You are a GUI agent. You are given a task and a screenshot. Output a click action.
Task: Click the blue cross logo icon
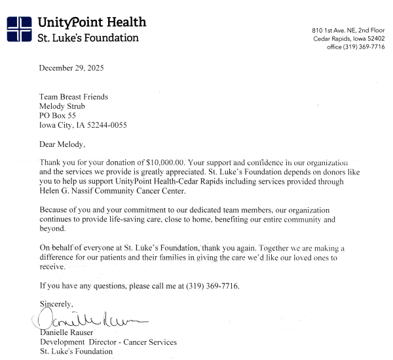[x=19, y=29]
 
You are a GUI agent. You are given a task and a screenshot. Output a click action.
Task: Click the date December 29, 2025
[x=71, y=68]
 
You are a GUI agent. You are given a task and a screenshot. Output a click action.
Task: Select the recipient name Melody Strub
[x=64, y=106]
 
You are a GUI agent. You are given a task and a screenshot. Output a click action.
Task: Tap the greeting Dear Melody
[x=62, y=144]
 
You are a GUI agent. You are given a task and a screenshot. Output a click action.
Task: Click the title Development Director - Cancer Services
[x=108, y=342]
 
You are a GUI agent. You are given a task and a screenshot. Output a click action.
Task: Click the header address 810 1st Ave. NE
[x=348, y=30]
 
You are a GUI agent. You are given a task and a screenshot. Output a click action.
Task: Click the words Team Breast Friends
[x=74, y=97]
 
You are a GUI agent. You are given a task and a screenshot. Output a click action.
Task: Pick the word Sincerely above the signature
[x=57, y=304]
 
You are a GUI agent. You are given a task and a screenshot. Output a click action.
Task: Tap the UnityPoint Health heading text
[x=92, y=22]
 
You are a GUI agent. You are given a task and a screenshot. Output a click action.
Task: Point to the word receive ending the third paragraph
[x=52, y=267]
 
